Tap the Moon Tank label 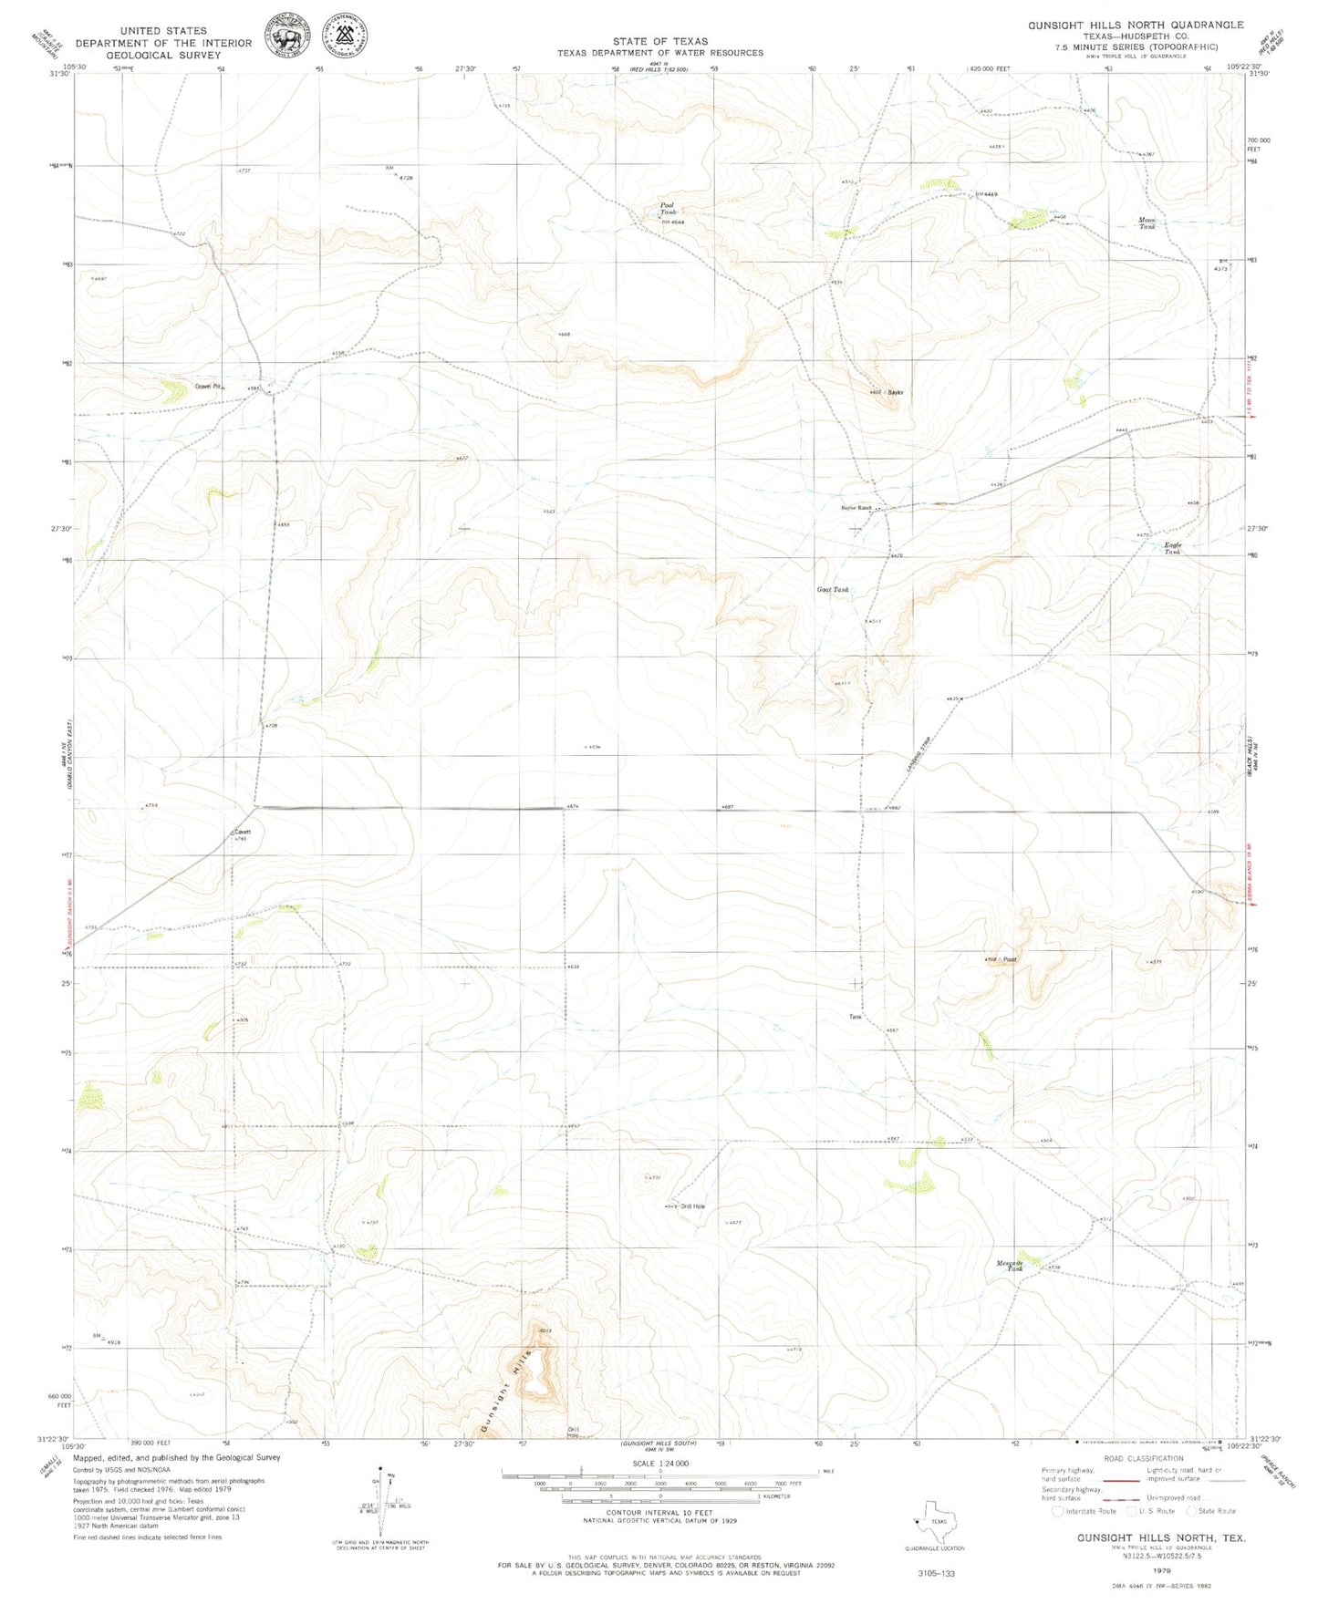(1147, 222)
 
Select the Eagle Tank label (1172, 548)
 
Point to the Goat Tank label (832, 590)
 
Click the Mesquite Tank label (1009, 1266)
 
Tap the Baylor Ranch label (856, 508)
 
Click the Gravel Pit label (209, 387)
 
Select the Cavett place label (242, 832)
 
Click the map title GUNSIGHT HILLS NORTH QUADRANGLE (1135, 25)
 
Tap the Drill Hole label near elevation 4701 (692, 1206)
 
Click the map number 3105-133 (935, 1573)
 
